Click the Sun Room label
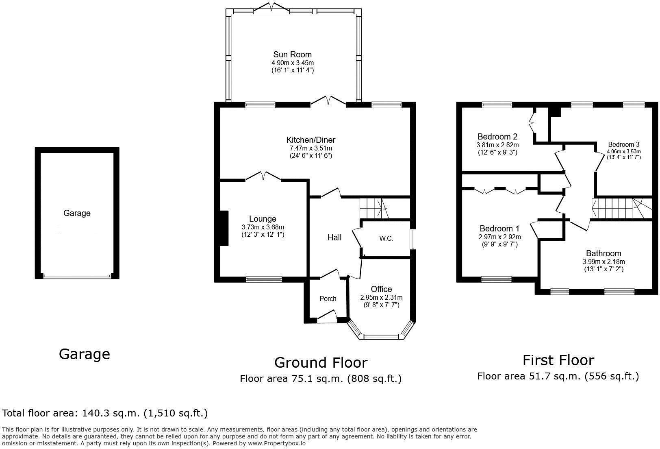click(292, 54)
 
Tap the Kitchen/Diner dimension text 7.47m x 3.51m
click(310, 148)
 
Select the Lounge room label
click(263, 219)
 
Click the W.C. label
click(386, 239)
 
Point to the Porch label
click(328, 299)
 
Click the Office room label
click(381, 289)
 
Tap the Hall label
click(334, 238)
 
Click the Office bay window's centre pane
click(381, 336)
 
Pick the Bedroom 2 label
click(497, 137)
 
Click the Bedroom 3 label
click(623, 144)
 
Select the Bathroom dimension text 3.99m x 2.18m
click(603, 262)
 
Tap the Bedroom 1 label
click(499, 229)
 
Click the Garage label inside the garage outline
click(77, 213)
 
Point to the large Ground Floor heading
click(321, 362)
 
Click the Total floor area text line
click(105, 413)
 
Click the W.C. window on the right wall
click(412, 239)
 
